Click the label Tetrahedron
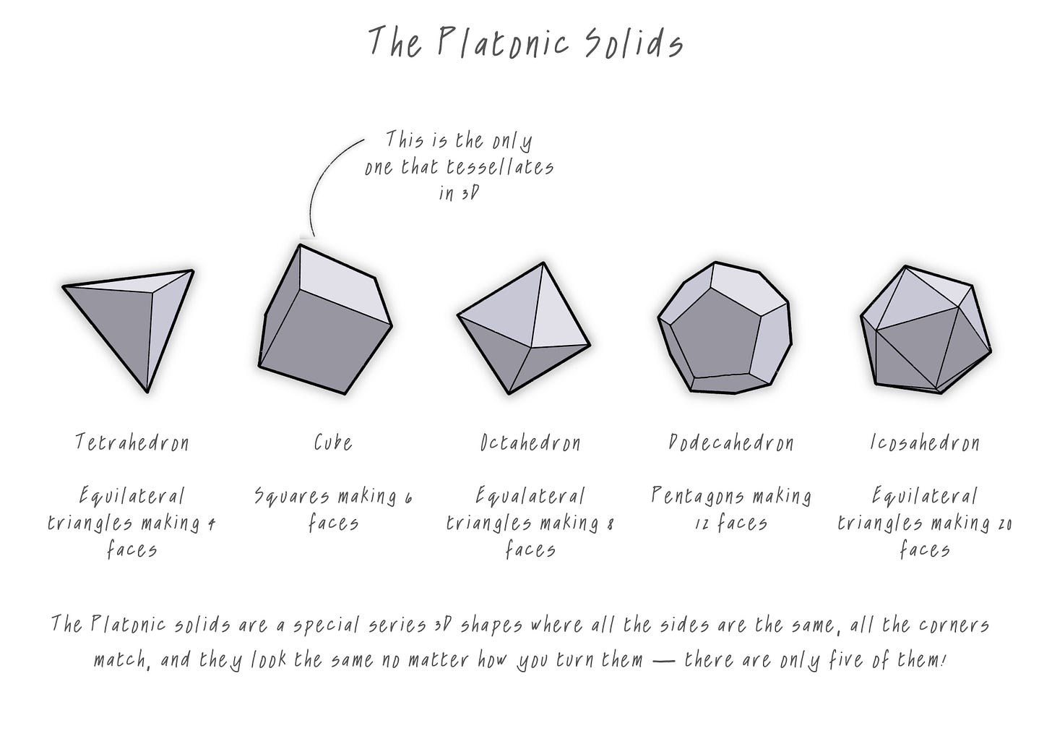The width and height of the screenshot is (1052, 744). click(132, 442)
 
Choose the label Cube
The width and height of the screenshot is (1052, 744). click(333, 442)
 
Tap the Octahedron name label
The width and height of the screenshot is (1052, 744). click(530, 442)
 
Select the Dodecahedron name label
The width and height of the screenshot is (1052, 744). click(731, 442)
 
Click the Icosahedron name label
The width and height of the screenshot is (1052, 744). click(925, 442)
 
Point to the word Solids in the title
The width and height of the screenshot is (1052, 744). click(632, 43)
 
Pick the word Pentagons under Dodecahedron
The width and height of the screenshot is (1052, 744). click(690, 497)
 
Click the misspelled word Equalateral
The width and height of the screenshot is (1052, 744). click(530, 497)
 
